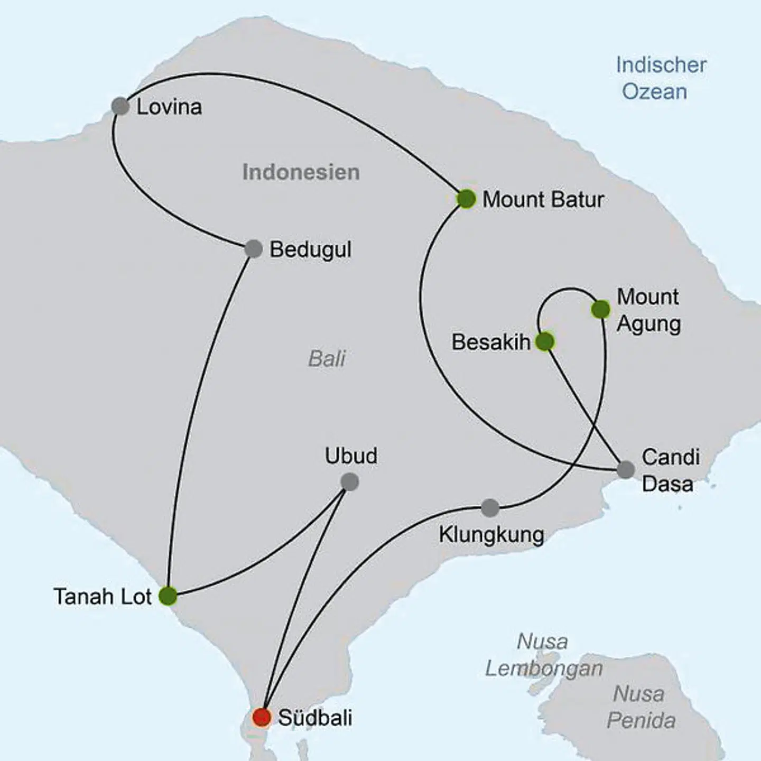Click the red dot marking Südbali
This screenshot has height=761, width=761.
(x=262, y=717)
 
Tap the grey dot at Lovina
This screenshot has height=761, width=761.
(x=120, y=106)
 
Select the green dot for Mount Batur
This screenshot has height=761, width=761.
(x=466, y=199)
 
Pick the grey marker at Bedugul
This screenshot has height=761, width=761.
(x=254, y=249)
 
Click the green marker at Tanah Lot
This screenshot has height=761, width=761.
(x=168, y=596)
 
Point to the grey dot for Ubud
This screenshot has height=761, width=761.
(x=349, y=482)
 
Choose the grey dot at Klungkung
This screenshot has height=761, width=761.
(x=490, y=508)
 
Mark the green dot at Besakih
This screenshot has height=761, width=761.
(x=545, y=342)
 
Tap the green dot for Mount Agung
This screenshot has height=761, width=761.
(x=601, y=310)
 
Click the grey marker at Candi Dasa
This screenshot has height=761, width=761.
(x=626, y=469)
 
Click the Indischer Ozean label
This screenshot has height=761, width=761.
(x=661, y=78)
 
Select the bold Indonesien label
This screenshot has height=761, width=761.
(x=301, y=172)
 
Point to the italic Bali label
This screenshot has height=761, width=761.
(x=327, y=359)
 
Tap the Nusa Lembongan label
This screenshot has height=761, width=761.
(x=544, y=655)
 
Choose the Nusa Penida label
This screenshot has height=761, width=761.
(x=641, y=707)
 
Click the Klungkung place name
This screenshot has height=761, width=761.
(x=491, y=535)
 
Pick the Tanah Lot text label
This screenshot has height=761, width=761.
(x=103, y=597)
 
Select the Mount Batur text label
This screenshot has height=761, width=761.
(x=543, y=200)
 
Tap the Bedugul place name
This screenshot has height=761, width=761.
(x=310, y=249)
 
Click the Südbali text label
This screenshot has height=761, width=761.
(x=315, y=718)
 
